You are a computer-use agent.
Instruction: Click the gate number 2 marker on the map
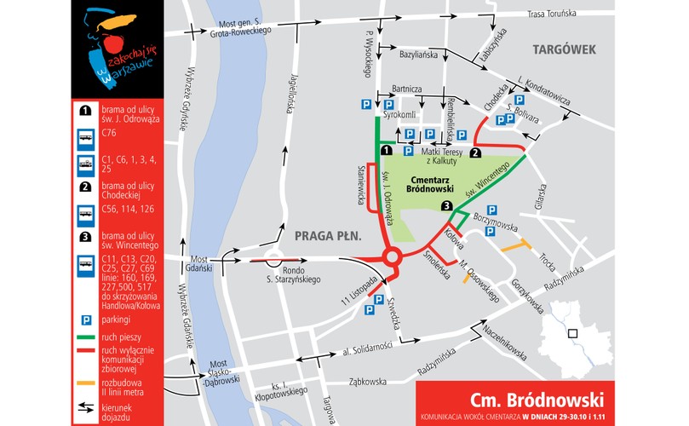(476, 153)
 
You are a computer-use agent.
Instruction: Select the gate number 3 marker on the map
(446, 206)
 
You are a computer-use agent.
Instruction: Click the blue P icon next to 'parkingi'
(86, 319)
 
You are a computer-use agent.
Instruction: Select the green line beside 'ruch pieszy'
(86, 337)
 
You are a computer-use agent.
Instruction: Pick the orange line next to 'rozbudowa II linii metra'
(86, 383)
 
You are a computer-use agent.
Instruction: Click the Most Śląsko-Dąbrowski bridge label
(217, 369)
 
